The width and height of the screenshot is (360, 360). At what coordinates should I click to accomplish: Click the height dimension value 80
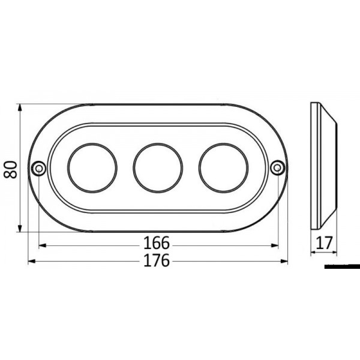point(10,168)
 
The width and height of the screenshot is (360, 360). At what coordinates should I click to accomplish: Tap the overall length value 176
point(158,261)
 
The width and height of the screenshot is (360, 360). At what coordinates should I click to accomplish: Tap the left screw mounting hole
point(39,168)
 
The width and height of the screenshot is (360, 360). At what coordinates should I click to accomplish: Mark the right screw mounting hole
point(277,168)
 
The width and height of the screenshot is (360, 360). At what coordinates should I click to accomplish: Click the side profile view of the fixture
point(323,168)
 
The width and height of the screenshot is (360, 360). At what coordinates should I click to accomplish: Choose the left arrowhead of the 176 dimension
point(32,262)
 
